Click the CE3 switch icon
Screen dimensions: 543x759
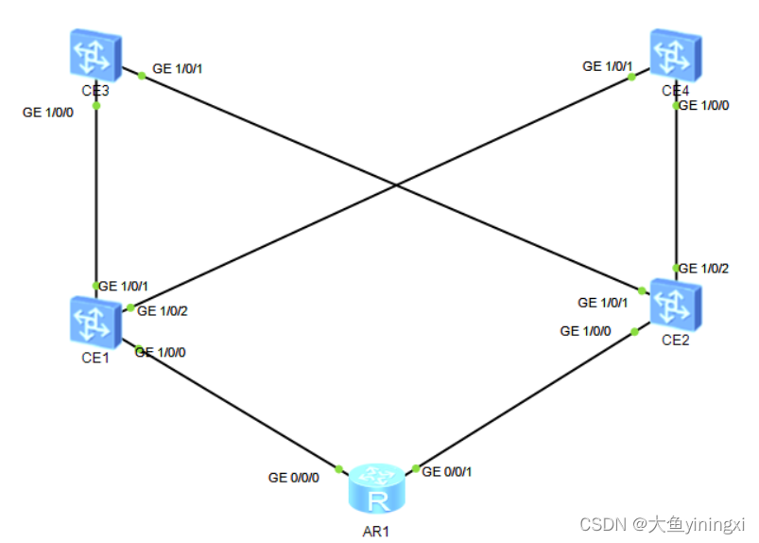[x=95, y=53]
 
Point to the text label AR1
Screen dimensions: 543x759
[x=375, y=531]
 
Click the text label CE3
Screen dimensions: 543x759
[x=94, y=91]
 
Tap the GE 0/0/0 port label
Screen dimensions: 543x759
[x=294, y=478]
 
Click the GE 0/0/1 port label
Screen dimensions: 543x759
[x=447, y=471]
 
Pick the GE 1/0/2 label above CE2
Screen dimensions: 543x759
[x=704, y=269]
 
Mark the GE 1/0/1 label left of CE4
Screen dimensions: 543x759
[x=608, y=66]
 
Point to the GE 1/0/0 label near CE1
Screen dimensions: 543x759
[x=161, y=352]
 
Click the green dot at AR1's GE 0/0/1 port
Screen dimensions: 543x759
[x=416, y=469]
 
